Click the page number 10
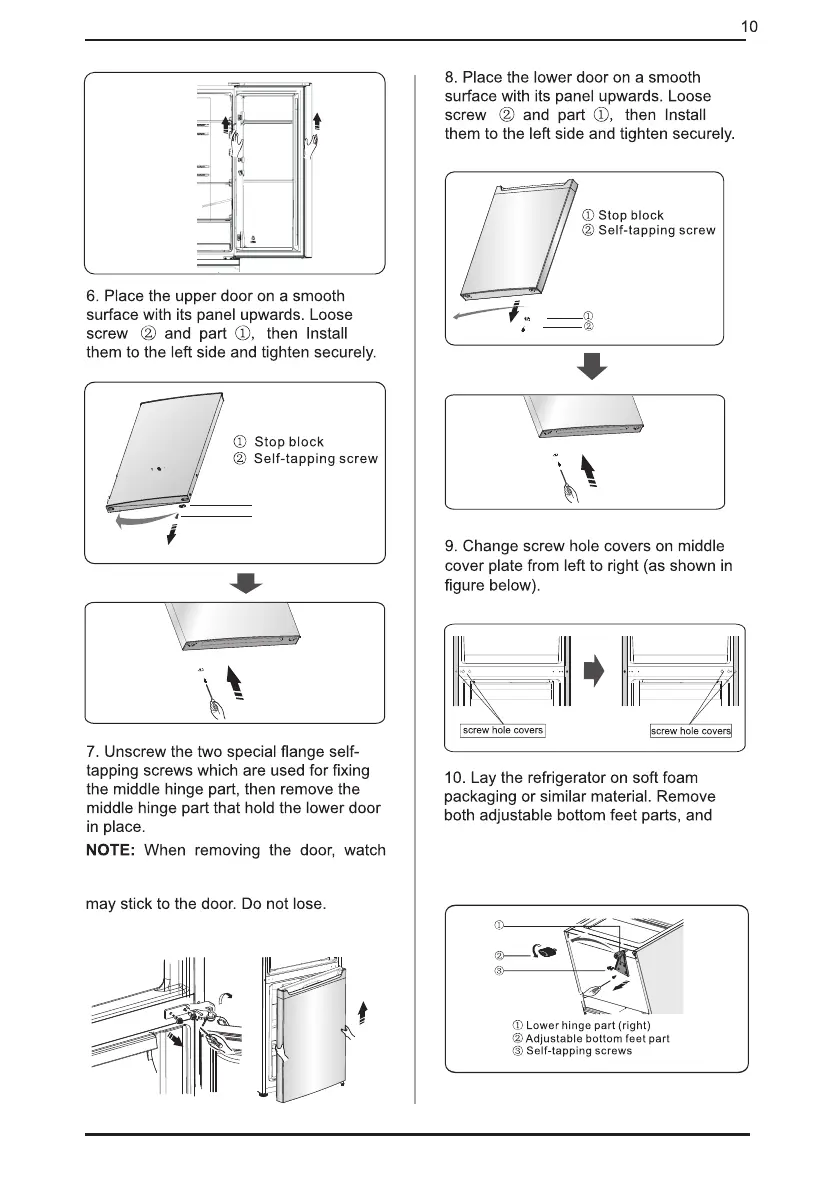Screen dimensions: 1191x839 (x=749, y=27)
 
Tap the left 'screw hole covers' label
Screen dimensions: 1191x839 (x=502, y=730)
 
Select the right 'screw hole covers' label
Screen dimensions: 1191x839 (x=691, y=731)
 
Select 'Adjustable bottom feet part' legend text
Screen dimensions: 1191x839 (x=597, y=1038)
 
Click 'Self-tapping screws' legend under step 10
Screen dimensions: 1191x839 (x=579, y=1051)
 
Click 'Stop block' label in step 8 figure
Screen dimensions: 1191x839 (x=630, y=215)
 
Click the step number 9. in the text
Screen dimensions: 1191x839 (x=451, y=546)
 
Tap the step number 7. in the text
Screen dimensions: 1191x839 (x=91, y=752)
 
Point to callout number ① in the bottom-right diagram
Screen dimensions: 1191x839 (x=499, y=921)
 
